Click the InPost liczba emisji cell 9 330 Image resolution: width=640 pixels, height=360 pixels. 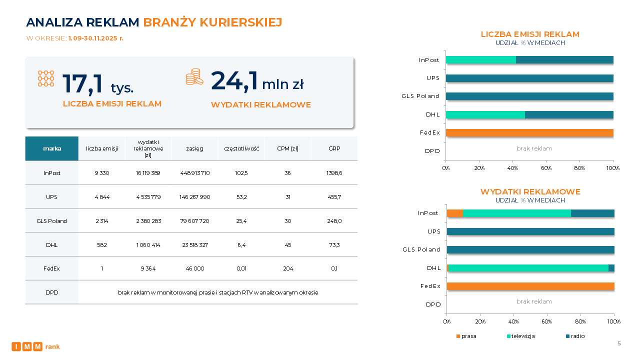tap(101, 173)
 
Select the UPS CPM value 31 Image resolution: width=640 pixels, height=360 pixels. tap(288, 197)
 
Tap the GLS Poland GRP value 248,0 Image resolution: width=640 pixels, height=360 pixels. tap(334, 221)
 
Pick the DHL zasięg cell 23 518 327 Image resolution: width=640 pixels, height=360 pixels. tap(194, 245)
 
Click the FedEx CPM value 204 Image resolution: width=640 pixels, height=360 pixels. tap(288, 268)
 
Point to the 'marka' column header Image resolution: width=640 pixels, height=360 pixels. tap(52, 148)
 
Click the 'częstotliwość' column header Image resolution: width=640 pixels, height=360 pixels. tap(241, 148)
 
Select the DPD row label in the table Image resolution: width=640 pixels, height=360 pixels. tap(52, 292)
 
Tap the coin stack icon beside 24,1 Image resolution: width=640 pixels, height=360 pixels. tap(194, 77)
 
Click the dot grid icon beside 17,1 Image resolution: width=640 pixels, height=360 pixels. tap(46, 78)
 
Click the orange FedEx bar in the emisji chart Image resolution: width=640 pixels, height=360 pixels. tap(529, 133)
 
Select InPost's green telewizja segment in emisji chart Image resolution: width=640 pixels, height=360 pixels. tap(480, 60)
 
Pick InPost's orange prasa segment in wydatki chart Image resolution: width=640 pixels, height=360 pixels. tap(454, 213)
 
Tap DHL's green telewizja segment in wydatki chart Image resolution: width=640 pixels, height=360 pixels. tap(528, 268)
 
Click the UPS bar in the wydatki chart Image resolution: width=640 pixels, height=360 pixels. tap(530, 231)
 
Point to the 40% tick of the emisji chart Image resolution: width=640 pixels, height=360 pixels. tap(512, 168)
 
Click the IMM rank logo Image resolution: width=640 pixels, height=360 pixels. tap(35, 346)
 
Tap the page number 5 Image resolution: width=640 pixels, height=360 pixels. tap(619, 343)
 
